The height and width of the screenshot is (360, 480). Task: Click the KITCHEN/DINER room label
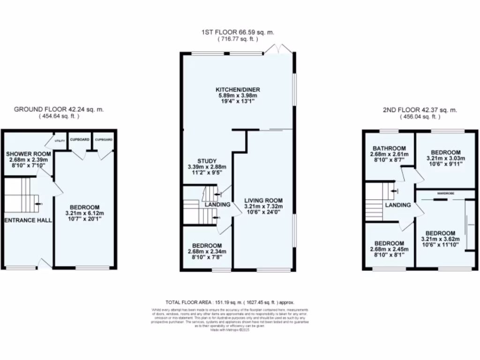(x=238, y=90)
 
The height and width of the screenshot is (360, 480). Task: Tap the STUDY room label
(x=206, y=160)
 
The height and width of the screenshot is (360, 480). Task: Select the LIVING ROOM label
(x=263, y=201)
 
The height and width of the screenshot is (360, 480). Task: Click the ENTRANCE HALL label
(x=28, y=220)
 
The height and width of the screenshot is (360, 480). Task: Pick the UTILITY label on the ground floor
(x=60, y=140)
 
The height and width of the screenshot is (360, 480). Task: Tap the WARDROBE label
(x=445, y=193)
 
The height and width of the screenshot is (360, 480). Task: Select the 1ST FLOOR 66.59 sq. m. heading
(x=238, y=32)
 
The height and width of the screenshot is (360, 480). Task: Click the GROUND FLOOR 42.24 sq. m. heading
(x=59, y=109)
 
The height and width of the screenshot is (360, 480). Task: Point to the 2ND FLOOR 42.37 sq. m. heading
(x=420, y=110)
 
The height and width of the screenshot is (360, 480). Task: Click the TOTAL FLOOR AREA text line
(x=230, y=302)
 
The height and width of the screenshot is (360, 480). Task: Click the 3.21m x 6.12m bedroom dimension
(x=85, y=213)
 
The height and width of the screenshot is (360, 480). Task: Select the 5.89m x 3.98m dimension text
(x=238, y=96)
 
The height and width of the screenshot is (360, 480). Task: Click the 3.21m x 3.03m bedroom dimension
(x=446, y=158)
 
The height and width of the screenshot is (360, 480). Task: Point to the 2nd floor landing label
(x=398, y=205)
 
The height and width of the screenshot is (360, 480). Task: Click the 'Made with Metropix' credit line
(x=230, y=330)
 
